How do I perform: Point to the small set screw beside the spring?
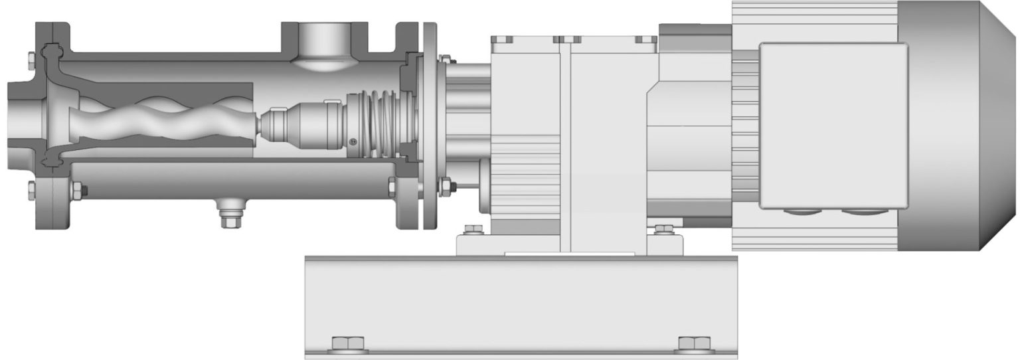[x=353, y=140]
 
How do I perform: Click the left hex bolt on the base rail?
[x=348, y=343]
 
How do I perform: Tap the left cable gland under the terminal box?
[x=801, y=212]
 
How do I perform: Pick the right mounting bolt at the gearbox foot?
[x=662, y=230]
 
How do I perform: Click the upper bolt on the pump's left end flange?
[x=32, y=61]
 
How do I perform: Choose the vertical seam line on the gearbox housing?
[x=565, y=146]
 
